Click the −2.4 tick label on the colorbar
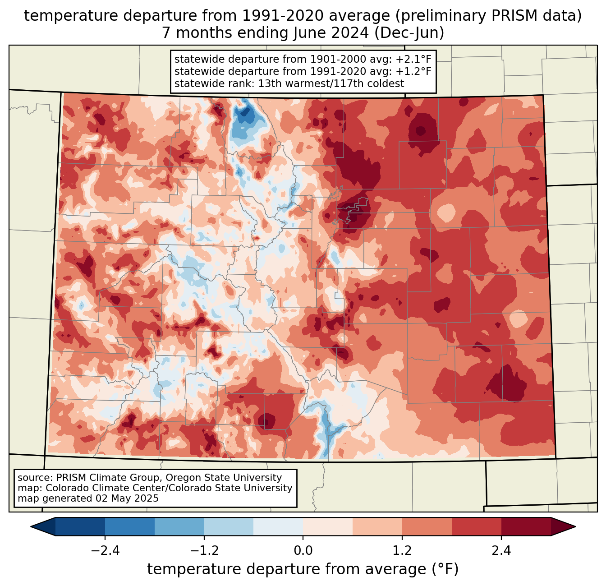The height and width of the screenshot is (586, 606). pyautogui.click(x=105, y=551)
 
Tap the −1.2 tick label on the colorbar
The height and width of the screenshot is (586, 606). pyautogui.click(x=204, y=551)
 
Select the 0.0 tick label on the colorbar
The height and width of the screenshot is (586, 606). pyautogui.click(x=303, y=551)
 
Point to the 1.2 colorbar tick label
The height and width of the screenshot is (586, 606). pyautogui.click(x=402, y=551)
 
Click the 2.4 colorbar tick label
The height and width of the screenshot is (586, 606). pyautogui.click(x=501, y=551)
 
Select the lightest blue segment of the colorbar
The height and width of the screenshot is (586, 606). pyautogui.click(x=278, y=526)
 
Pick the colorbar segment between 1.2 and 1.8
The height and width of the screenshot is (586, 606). pyautogui.click(x=427, y=526)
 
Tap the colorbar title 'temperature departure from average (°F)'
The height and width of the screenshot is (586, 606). pyautogui.click(x=303, y=569)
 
